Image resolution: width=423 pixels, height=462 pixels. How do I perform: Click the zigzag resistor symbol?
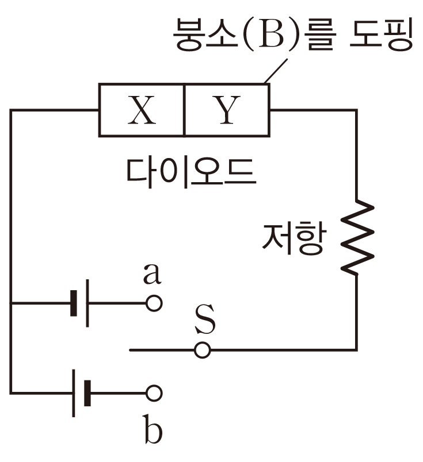point(356,236)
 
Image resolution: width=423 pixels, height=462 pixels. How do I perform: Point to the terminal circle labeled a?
point(154,303)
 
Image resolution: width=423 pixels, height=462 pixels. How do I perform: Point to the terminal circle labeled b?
point(154,393)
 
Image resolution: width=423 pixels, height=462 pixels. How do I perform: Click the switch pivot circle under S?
point(202,349)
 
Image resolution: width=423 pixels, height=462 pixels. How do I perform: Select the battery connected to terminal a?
point(80,303)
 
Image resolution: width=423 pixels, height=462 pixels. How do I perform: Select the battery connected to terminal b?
point(80,393)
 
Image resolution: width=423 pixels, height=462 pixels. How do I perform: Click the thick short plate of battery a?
point(74,303)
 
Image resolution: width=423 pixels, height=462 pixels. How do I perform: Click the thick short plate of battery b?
point(87,393)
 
